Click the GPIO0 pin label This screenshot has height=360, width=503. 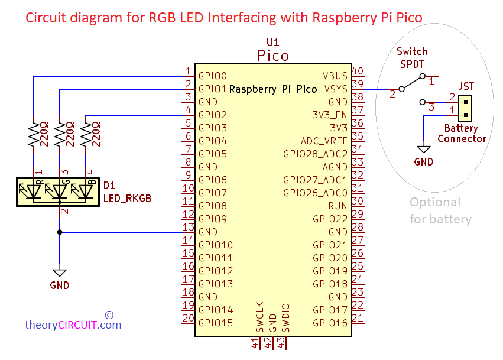point(212,76)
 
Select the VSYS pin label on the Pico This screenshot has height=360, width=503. point(336,89)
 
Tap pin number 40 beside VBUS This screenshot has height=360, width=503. point(357,72)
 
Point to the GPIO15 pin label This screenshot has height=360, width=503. point(215,323)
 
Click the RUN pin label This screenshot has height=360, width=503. point(338,206)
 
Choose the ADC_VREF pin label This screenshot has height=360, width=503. point(324,141)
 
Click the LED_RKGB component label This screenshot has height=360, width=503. point(128,199)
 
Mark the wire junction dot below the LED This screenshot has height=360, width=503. point(59,232)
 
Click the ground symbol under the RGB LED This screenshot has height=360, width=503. point(59,273)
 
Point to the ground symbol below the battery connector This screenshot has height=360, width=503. point(424,150)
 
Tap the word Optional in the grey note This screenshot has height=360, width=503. point(435,203)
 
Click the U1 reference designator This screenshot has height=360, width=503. point(272,43)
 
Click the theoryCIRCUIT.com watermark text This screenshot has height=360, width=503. point(73,325)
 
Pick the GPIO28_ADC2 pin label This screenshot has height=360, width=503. point(315,154)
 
